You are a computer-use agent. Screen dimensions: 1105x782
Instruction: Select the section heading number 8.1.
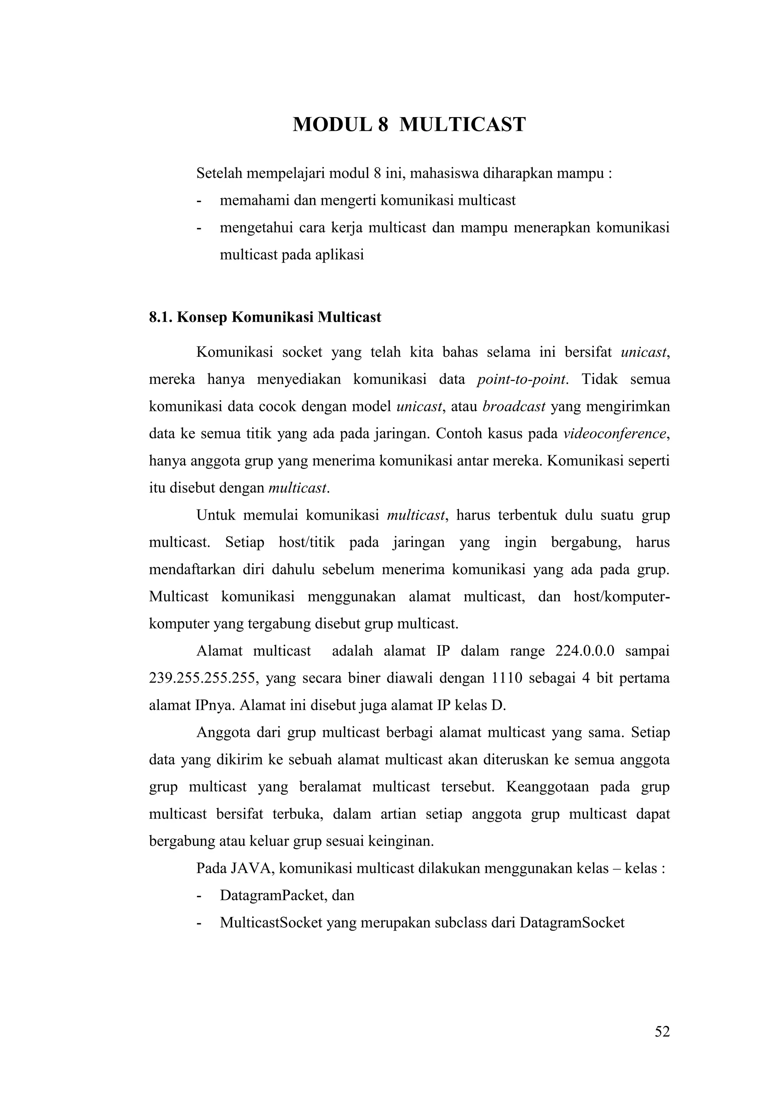pyautogui.click(x=161, y=317)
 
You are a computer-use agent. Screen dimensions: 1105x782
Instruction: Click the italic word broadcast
pyautogui.click(x=514, y=407)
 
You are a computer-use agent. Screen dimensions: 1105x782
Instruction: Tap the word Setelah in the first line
pyautogui.click(x=219, y=173)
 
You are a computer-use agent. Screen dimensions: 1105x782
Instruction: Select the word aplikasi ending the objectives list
pyautogui.click(x=339, y=255)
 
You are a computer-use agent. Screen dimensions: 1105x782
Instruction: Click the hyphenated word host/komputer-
pyautogui.click(x=621, y=597)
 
